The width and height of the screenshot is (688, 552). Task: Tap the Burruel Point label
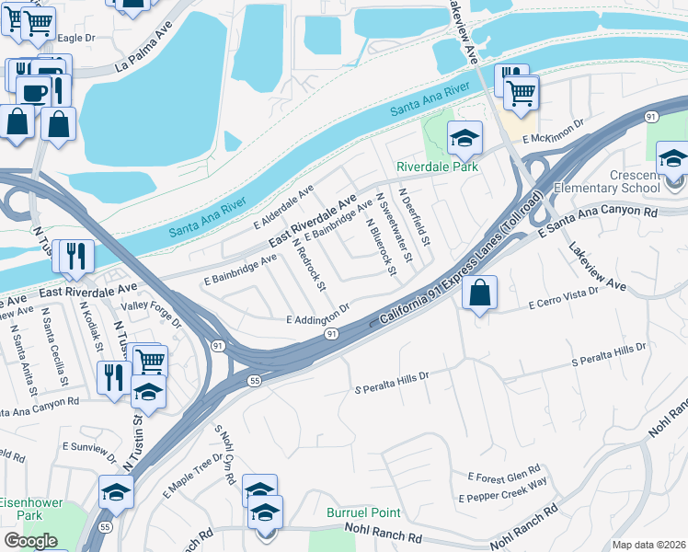coord(364,512)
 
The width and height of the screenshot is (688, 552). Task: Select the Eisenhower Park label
coord(21,509)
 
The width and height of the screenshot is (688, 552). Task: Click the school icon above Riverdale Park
coord(464,138)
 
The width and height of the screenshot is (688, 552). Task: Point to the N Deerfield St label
coord(415,219)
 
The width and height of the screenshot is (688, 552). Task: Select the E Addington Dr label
coord(319,316)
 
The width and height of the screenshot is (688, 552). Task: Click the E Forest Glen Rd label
coord(503,475)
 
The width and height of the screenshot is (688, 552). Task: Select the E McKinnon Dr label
coord(554,132)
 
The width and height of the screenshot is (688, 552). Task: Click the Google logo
coord(30,540)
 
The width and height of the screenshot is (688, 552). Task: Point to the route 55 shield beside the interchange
coord(255,379)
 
